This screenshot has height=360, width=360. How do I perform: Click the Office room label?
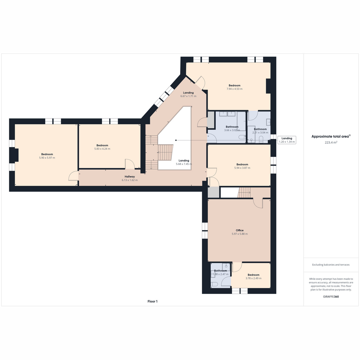tap(239, 230)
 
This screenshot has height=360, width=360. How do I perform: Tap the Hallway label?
tap(130, 176)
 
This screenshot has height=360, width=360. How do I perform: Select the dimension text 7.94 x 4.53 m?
tap(235, 89)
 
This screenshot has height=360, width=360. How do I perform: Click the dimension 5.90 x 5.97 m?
tap(47, 158)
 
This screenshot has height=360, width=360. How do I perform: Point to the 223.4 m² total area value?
tap(331, 142)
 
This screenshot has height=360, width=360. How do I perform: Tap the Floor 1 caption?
tap(152, 301)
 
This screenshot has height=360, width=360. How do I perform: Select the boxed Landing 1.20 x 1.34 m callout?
tap(287, 140)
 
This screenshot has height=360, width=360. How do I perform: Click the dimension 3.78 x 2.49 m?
tap(253, 278)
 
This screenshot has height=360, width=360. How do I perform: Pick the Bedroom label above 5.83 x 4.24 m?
tap(102, 145)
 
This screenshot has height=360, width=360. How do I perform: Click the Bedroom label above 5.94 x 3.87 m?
tap(242, 164)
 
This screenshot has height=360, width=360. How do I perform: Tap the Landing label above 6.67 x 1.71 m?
tap(188, 93)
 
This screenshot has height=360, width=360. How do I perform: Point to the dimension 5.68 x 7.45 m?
tap(184, 164)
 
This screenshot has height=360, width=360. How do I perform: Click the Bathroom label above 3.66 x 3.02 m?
tap(232, 127)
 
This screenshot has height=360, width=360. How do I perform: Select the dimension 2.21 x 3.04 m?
tap(260, 133)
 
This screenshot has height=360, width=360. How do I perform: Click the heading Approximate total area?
tap(330, 136)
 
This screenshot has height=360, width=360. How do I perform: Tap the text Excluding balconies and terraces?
tap(331, 265)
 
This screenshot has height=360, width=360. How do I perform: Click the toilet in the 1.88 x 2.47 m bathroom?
tap(214, 284)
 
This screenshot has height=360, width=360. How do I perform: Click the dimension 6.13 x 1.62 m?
tap(130, 180)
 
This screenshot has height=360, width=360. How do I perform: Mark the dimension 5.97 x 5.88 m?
tap(239, 234)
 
